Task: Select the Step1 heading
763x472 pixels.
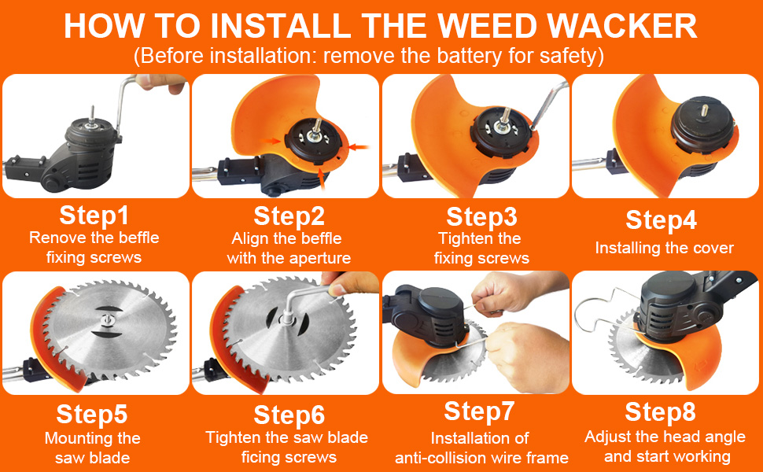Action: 94,216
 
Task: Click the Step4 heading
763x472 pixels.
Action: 661,221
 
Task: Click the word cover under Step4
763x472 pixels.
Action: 712,249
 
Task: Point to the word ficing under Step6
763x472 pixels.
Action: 265,457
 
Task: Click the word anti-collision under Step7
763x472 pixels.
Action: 445,458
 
